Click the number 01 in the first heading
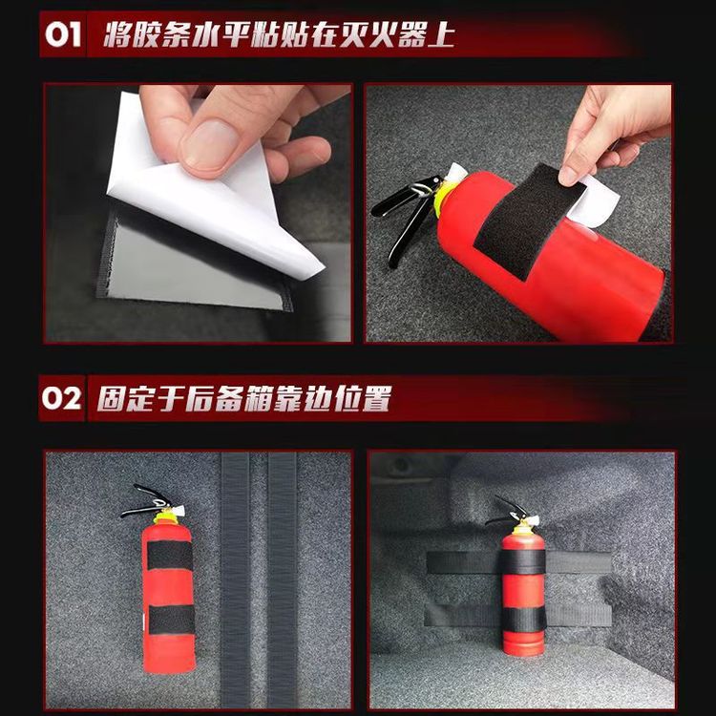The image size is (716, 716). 62,36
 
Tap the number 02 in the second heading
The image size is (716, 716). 62,397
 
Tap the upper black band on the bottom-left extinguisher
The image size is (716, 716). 168,555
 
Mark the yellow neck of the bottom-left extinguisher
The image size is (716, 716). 168,516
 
